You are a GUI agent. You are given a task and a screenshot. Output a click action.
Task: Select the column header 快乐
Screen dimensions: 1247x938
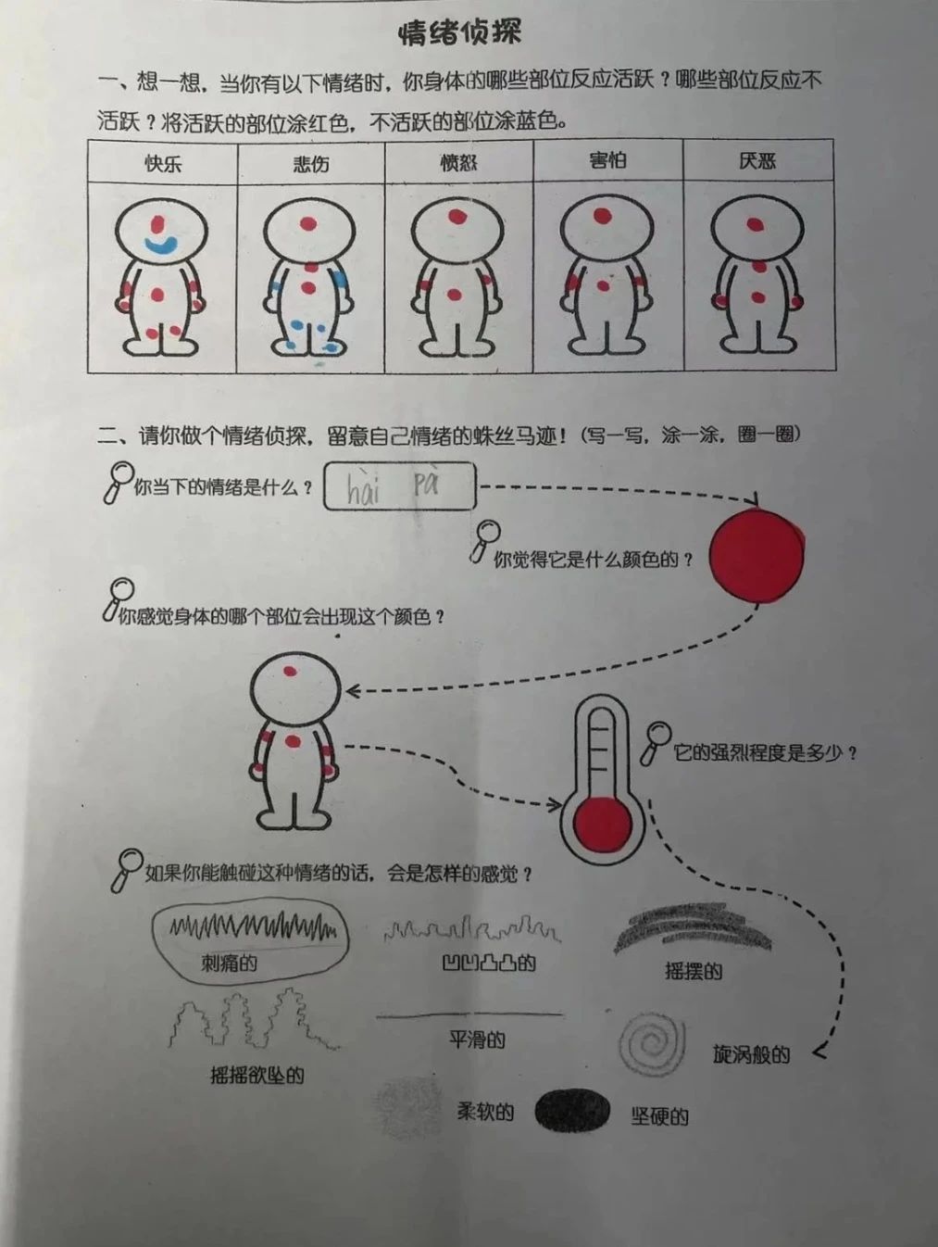[163, 164]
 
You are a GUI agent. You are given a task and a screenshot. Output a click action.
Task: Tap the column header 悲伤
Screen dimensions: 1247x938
[311, 164]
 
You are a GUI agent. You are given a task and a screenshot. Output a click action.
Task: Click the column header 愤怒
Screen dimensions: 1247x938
[458, 163]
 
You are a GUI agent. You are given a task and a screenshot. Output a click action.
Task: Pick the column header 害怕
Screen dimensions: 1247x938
[607, 160]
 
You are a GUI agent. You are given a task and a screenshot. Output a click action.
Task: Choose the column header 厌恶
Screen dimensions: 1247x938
[757, 161]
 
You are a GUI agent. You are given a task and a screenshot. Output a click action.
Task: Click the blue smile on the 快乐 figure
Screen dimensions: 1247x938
[161, 245]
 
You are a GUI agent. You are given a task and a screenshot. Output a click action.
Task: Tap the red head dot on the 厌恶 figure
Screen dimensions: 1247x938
[756, 223]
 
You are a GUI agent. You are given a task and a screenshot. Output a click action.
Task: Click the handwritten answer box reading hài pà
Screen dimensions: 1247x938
[399, 486]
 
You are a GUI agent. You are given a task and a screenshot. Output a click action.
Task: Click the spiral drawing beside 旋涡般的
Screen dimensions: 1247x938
[653, 1044]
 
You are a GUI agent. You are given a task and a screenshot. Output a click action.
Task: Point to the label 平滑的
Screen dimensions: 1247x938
[477, 1039]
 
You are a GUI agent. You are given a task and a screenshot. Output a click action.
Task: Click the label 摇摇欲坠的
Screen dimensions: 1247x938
[256, 1075]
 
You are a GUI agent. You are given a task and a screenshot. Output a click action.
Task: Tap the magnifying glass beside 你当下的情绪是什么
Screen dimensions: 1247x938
[118, 481]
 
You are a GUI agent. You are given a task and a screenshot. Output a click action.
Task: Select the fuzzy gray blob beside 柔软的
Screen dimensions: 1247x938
[408, 1107]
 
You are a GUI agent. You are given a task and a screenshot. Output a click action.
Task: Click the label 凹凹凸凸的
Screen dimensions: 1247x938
[489, 964]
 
